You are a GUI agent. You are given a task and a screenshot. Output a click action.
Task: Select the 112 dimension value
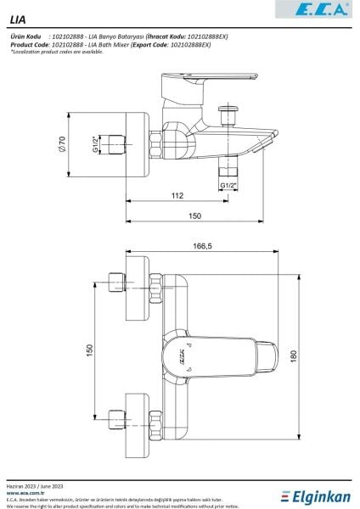[177, 196]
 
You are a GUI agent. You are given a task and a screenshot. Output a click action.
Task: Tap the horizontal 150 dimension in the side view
[195, 218]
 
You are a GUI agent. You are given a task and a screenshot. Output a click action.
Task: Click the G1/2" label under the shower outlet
[228, 185]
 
